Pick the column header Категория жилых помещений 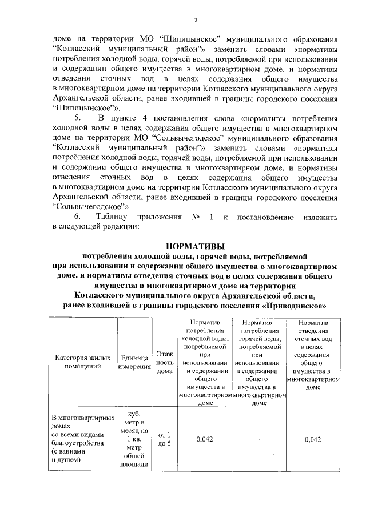[x=82, y=362]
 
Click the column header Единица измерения [x=134, y=362]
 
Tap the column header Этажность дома [x=165, y=362]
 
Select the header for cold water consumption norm [x=204, y=362]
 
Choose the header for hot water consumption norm [x=259, y=362]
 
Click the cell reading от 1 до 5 [x=165, y=439]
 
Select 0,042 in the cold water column [x=204, y=439]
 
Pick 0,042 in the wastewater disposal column [x=313, y=439]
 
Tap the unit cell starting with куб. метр [x=134, y=439]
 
